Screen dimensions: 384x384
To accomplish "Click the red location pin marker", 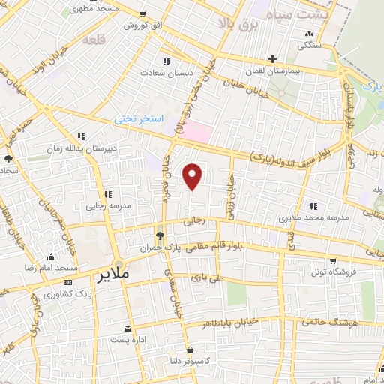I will tap(193, 176).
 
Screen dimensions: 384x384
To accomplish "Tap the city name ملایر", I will tap(114, 275).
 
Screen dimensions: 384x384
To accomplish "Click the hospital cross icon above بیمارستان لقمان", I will tap(273, 58).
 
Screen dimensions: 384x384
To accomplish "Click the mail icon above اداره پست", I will tap(127, 328).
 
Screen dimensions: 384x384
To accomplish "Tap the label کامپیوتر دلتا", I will tap(192, 361).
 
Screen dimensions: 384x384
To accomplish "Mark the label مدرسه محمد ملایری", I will tap(315, 217).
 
